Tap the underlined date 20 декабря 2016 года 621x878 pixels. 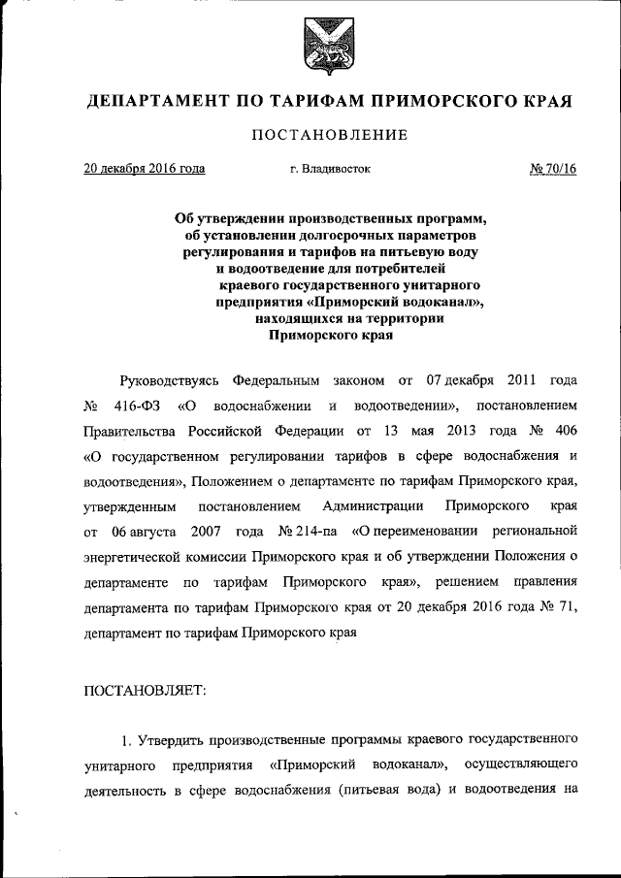[x=144, y=169]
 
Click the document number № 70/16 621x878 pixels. [x=553, y=169]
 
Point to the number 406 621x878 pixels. [x=565, y=429]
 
